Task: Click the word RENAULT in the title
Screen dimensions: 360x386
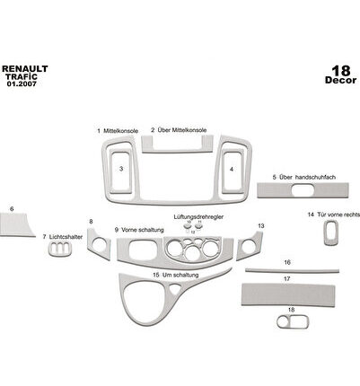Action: pos(25,69)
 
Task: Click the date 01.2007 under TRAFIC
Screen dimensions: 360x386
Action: pos(22,84)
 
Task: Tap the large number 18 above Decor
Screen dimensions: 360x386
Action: pos(341,71)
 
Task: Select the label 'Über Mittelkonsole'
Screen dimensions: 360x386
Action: pos(182,130)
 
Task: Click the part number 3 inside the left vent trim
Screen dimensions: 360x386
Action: pos(121,169)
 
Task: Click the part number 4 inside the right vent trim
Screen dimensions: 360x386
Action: pos(232,170)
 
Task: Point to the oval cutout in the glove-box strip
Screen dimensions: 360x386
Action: pos(303,190)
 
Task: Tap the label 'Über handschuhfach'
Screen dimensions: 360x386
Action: pos(307,177)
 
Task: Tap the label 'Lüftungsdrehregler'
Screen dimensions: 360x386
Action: pos(198,216)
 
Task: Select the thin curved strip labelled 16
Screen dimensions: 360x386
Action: pos(293,271)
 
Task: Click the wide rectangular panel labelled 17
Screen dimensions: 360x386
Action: pos(288,294)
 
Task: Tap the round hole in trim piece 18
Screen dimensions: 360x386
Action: pos(283,322)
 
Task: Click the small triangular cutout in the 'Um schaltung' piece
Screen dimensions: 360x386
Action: pos(175,289)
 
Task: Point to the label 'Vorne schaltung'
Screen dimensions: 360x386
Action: pos(143,230)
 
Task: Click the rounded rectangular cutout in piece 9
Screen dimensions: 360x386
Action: pos(143,250)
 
